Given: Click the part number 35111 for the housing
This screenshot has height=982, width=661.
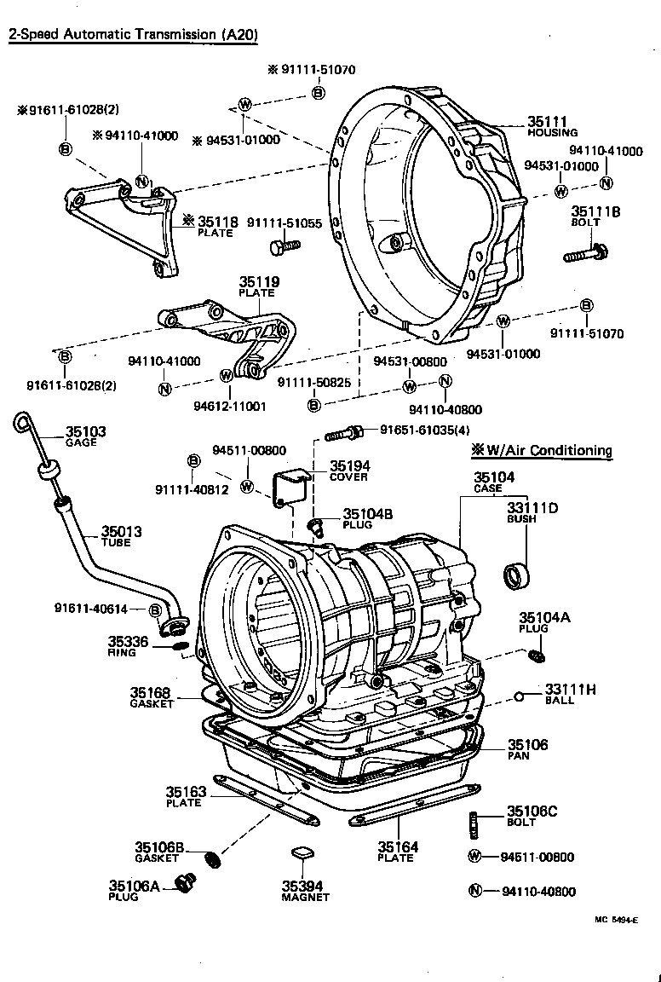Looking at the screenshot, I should pyautogui.click(x=547, y=122).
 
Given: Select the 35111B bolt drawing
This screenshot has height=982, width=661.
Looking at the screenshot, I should pyautogui.click(x=584, y=252).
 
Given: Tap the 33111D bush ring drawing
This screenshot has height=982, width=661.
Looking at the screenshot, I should pyautogui.click(x=516, y=575).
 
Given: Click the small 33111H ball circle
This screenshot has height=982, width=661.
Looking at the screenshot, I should pyautogui.click(x=518, y=696).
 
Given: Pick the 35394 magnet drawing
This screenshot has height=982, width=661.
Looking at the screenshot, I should pyautogui.click(x=300, y=853).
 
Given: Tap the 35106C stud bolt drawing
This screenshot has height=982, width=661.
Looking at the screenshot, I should pyautogui.click(x=474, y=825).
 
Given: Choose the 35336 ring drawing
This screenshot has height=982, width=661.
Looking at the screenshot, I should pyautogui.click(x=180, y=645).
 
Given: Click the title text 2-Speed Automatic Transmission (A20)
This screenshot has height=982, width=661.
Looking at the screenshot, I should pyautogui.click(x=133, y=35).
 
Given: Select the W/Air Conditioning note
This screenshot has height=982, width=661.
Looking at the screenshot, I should pyautogui.click(x=543, y=450).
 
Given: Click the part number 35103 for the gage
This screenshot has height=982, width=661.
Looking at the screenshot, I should pyautogui.click(x=86, y=432).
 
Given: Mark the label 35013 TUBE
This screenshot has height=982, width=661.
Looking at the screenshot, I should pyautogui.click(x=121, y=535).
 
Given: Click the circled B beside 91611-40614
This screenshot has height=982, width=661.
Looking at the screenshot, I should pyautogui.click(x=155, y=609).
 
